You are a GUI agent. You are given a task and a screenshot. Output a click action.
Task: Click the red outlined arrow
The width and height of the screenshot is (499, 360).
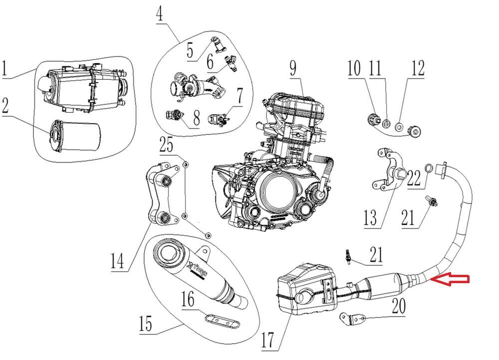pyautogui.click(x=450, y=279)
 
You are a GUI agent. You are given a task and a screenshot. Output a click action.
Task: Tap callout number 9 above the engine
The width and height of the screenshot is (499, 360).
pyautogui.click(x=293, y=68)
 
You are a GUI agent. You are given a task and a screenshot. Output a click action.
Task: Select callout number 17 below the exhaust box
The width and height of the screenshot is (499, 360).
pyautogui.click(x=267, y=340)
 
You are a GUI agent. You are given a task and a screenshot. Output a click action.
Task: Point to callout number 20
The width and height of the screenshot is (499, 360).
pyautogui.click(x=398, y=306)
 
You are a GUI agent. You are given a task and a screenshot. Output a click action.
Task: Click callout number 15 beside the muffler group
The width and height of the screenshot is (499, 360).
pyautogui.click(x=145, y=324)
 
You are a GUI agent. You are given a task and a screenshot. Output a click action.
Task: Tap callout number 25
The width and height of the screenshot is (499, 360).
pyautogui.click(x=166, y=145)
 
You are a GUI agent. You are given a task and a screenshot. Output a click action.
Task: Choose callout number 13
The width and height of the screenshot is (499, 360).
pyautogui.click(x=370, y=218)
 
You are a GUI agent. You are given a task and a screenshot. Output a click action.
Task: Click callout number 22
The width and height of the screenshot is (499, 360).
pyautogui.click(x=414, y=178)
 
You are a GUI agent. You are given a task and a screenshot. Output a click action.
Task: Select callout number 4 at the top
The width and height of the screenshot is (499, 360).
pyautogui.click(x=160, y=14)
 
